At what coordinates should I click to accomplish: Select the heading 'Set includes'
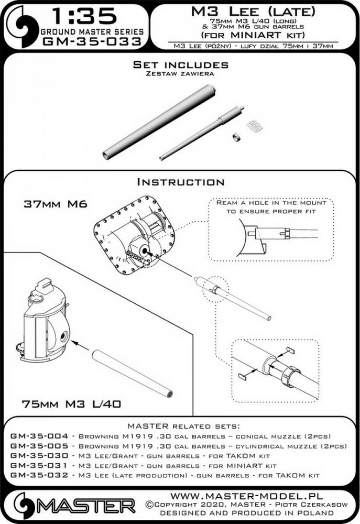click(x=180, y=65)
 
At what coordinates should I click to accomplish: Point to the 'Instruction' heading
click(x=180, y=182)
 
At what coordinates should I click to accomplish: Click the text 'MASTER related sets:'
click(x=180, y=425)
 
